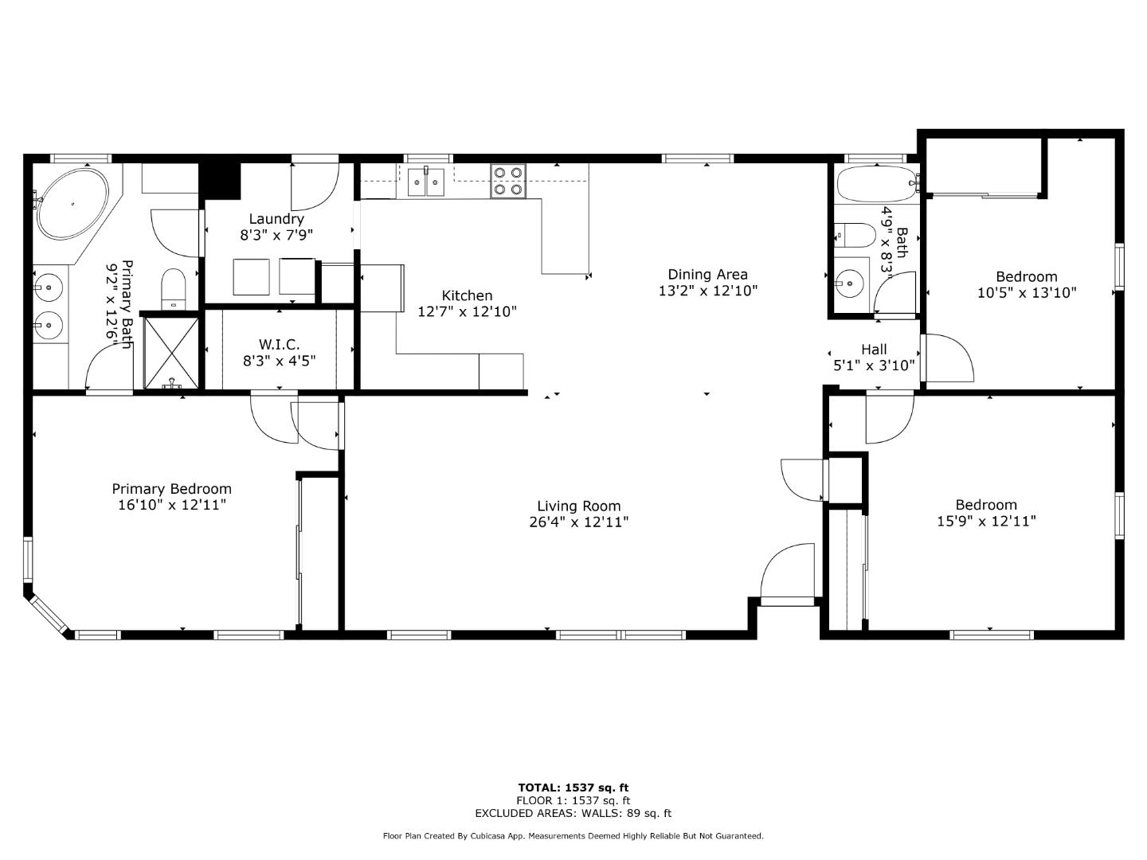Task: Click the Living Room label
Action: click(578, 506)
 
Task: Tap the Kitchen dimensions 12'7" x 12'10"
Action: click(467, 311)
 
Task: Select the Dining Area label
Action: click(707, 275)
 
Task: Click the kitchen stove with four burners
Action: click(507, 180)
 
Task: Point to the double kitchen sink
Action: click(426, 182)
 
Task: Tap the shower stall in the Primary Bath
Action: click(171, 351)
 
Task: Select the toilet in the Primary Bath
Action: click(173, 287)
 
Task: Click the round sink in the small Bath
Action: click(850, 281)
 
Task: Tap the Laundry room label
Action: click(276, 219)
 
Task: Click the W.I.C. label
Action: click(279, 344)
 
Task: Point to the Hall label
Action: click(874, 350)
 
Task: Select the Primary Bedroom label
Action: click(171, 489)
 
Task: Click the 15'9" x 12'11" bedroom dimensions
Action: click(986, 521)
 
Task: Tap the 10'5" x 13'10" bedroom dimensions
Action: click(1026, 292)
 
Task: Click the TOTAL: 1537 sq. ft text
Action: click(573, 788)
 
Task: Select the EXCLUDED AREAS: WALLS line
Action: click(573, 813)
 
